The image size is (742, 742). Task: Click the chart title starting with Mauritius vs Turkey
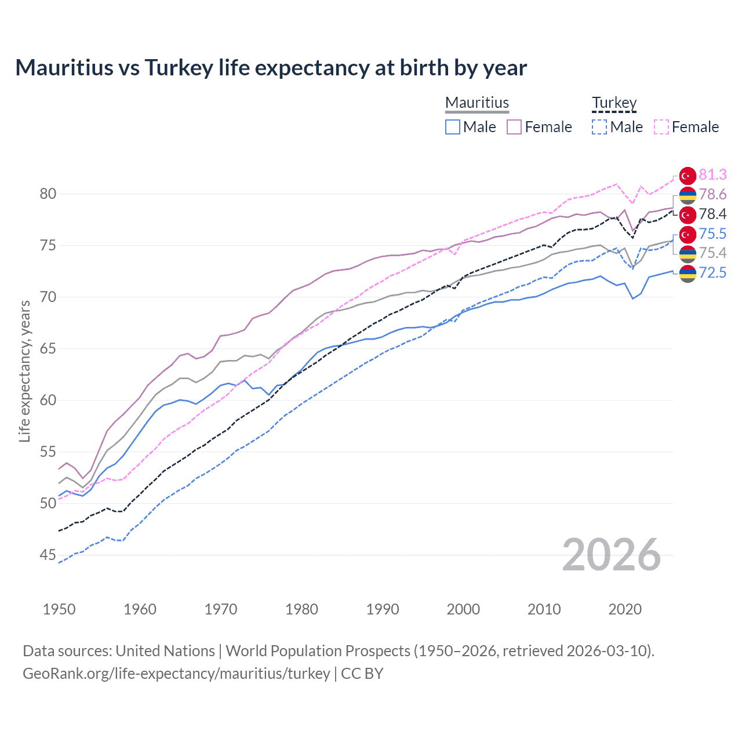(x=271, y=68)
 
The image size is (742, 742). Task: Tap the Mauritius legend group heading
(x=477, y=103)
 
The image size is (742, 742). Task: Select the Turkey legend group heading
(x=614, y=103)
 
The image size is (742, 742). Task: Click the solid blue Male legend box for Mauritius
(x=453, y=127)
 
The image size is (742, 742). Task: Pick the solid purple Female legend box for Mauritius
(x=514, y=127)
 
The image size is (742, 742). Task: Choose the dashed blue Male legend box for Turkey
(x=599, y=127)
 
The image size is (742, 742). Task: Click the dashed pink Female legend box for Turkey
(x=661, y=127)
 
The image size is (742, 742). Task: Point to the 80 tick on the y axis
(x=48, y=194)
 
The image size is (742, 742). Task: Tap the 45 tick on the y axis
(x=48, y=555)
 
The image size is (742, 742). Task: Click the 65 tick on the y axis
(x=48, y=348)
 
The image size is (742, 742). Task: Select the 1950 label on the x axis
(x=59, y=609)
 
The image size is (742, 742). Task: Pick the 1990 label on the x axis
(x=383, y=609)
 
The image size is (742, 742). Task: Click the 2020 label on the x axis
(x=625, y=609)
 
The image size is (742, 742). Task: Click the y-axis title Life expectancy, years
(x=24, y=371)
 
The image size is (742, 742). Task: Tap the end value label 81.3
(x=712, y=174)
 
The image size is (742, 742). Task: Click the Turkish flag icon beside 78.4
(x=688, y=214)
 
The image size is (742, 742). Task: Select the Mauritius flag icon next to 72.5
(x=688, y=273)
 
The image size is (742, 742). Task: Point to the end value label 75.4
(x=712, y=253)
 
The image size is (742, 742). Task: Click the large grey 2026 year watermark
(x=612, y=555)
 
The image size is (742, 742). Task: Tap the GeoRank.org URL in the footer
(x=176, y=674)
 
